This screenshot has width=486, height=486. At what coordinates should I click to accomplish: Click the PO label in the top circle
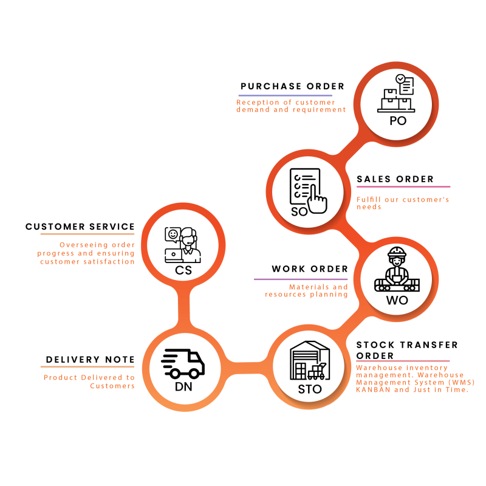click(398, 121)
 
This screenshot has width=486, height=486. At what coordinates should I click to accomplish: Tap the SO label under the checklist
click(299, 212)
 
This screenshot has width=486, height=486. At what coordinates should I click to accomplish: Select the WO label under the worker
click(397, 301)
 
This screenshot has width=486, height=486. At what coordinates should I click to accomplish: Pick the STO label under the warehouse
click(310, 389)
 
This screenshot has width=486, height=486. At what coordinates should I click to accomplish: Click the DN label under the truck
click(183, 387)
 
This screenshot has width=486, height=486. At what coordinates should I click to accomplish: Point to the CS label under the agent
click(183, 270)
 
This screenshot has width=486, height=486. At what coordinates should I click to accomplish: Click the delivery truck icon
click(183, 363)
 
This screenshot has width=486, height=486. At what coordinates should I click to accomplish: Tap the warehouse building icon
click(310, 361)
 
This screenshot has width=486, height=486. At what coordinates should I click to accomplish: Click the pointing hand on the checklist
click(317, 200)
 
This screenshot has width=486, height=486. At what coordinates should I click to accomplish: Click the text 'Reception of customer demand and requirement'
click(290, 106)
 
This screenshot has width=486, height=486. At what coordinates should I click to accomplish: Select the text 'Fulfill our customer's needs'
click(402, 203)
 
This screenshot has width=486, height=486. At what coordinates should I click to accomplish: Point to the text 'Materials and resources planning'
click(307, 291)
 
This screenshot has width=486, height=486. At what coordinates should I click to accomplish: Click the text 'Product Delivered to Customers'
click(89, 382)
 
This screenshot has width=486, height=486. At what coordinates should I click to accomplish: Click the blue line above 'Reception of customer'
click(286, 95)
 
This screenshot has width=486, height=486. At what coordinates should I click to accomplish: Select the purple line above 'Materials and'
click(301, 279)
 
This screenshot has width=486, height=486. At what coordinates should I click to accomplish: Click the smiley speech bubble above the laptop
click(173, 234)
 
